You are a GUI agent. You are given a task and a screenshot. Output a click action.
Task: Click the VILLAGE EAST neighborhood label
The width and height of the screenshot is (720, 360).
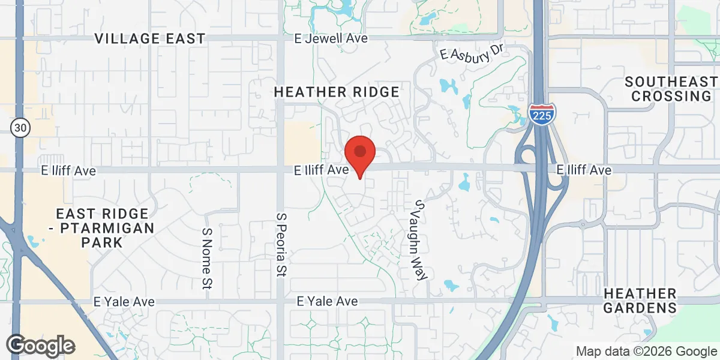pyautogui.click(x=150, y=39)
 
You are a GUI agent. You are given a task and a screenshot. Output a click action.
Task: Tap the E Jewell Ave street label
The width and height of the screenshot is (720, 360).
pyautogui.click(x=331, y=38)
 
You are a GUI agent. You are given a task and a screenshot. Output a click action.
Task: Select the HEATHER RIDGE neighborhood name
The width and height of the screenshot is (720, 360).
pyautogui.click(x=337, y=92)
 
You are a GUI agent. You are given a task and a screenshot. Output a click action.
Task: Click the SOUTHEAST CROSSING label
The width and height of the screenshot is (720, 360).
pyautogui.click(x=671, y=89)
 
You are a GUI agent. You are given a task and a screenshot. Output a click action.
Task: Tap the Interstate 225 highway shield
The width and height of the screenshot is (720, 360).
pyautogui.click(x=542, y=114)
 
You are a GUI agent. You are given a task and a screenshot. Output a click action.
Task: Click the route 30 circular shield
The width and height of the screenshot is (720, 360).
pyautogui.click(x=19, y=127)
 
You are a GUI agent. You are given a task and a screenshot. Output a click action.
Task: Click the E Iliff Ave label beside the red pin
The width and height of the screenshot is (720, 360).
pyautogui.click(x=322, y=170)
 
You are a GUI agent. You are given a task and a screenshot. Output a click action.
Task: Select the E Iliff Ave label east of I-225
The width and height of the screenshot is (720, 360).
pyautogui.click(x=584, y=170)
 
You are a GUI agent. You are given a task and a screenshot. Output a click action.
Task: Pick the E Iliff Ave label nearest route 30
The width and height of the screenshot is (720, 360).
pyautogui.click(x=68, y=171)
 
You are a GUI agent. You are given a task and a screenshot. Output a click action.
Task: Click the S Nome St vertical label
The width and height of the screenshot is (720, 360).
pyautogui.click(x=207, y=257)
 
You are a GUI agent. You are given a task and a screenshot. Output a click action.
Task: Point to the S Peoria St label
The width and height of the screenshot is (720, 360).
pyautogui.click(x=280, y=244)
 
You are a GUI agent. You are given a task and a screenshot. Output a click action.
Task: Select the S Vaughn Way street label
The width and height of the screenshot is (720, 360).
pyautogui.click(x=418, y=240)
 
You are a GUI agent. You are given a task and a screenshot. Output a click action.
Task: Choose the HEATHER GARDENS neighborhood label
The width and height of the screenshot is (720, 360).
pyautogui.click(x=640, y=301)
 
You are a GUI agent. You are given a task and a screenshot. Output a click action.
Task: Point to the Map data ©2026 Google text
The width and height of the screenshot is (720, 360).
pyautogui.click(x=646, y=352)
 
